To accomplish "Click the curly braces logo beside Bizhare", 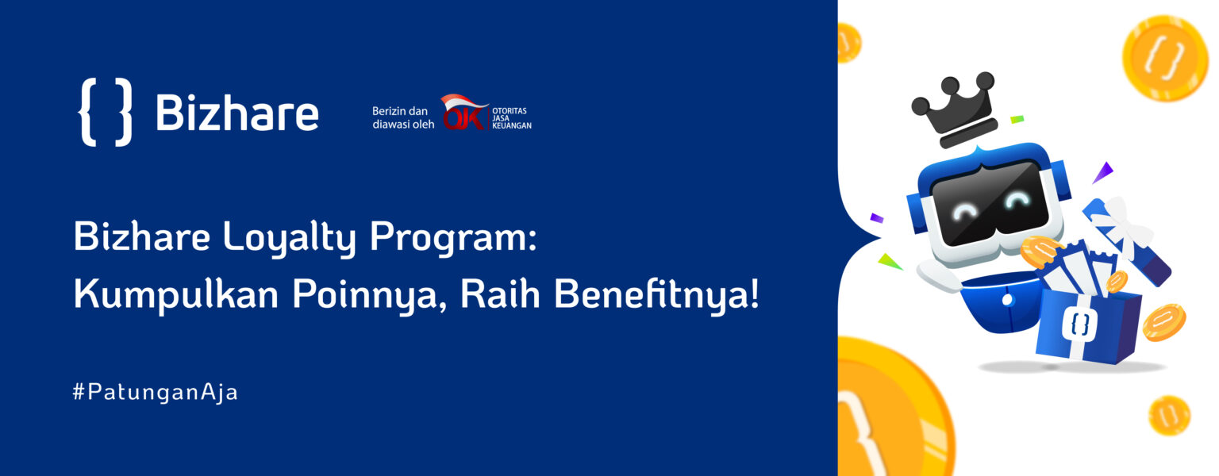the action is coord(106,112).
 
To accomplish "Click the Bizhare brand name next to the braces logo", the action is coord(237,113).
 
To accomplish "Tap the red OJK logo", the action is coord(464,113).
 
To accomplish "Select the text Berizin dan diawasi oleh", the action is coord(402,117).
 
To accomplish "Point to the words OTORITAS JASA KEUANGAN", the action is coord(512,118).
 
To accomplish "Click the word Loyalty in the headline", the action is coord(290,238).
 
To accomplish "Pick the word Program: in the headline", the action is coord(453,238).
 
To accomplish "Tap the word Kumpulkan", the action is coord(175,295).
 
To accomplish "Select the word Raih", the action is coord(500,294).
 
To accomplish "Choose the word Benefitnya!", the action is coord(656,295).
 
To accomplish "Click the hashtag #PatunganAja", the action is coord(156,392).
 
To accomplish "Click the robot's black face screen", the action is coord(990,202).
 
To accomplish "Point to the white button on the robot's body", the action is coord(1007,300).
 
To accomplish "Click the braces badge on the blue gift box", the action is coord(1079,324).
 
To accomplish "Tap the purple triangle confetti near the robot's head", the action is coord(1102,172).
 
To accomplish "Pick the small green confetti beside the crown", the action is coord(1017,119).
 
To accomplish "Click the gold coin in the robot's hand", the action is coord(1040,251).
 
